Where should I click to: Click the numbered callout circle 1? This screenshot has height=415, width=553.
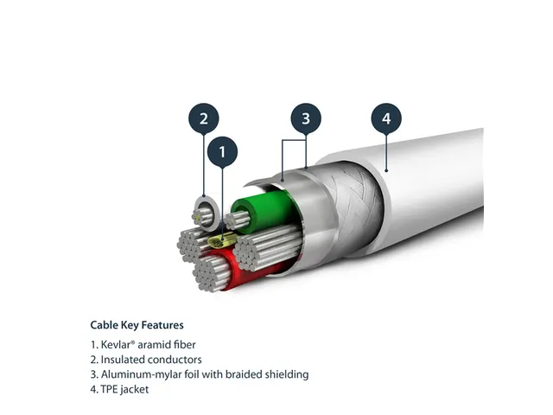[222, 153]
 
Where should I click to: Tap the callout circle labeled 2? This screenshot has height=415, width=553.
[203, 118]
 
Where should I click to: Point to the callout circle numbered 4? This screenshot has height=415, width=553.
[386, 118]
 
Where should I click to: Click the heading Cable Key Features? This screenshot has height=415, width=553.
[137, 326]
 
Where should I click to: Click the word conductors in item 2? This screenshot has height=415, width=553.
[178, 360]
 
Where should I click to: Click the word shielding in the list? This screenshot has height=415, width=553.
[283, 374]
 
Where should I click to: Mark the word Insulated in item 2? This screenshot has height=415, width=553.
[125, 360]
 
